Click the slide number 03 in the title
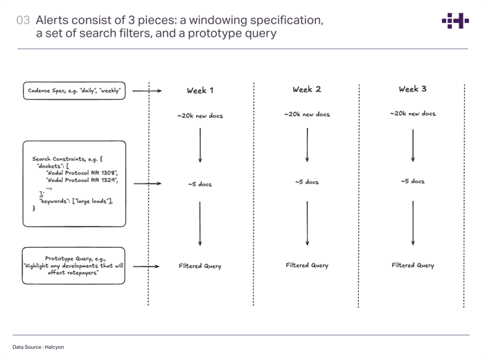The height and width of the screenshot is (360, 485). [x=23, y=21]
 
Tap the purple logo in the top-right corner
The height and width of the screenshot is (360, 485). [x=455, y=21]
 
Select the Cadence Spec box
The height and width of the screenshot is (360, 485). [x=75, y=91]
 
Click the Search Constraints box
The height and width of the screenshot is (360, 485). [x=75, y=183]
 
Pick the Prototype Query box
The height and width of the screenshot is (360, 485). [x=74, y=265]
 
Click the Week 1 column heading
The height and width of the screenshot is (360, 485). [x=200, y=91]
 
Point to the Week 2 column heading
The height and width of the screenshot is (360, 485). [x=306, y=89]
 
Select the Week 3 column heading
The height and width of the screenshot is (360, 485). [x=412, y=89]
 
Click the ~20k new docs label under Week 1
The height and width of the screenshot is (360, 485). [x=200, y=116]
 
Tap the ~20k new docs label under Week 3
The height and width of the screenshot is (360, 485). [x=412, y=114]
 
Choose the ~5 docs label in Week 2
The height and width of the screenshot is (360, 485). [x=306, y=182]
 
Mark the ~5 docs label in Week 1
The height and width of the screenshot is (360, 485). [x=200, y=184]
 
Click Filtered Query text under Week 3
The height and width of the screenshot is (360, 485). [x=412, y=265]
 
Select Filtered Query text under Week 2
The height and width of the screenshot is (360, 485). [x=306, y=265]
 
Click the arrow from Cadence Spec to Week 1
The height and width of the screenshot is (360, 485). [x=146, y=91]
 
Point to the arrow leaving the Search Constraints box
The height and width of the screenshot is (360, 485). [x=146, y=183]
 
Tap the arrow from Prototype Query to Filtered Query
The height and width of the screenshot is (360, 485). [x=146, y=266]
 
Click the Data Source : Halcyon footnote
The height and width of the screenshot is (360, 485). [x=38, y=347]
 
